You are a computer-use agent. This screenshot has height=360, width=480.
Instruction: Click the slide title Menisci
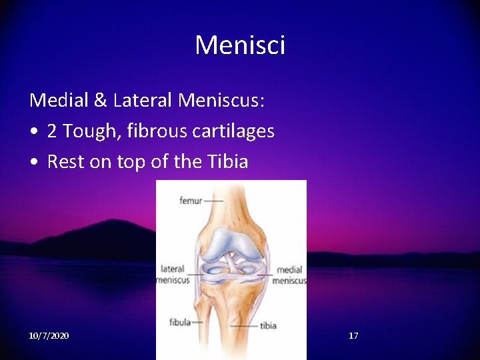pos(240,45)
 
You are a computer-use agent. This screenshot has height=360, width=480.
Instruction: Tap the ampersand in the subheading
pos(100,101)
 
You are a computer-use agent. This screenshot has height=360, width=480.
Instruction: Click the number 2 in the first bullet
pos(51,131)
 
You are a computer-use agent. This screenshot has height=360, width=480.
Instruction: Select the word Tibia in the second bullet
pos(226,162)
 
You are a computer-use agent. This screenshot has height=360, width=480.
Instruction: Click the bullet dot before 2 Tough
pos(33,132)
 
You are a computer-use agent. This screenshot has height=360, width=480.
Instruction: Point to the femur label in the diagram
pos(191,200)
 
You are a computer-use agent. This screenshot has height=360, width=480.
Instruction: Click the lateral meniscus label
pos(173,275)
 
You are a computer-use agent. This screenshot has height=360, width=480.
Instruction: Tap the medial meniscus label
pos(289,275)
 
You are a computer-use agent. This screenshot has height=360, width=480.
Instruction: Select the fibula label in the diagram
pos(179,322)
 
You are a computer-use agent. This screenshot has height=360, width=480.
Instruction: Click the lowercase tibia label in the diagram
pos(268,326)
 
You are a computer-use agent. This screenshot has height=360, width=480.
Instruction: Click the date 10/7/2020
pos(49,335)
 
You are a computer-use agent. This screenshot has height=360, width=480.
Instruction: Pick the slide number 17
pos(353,335)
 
